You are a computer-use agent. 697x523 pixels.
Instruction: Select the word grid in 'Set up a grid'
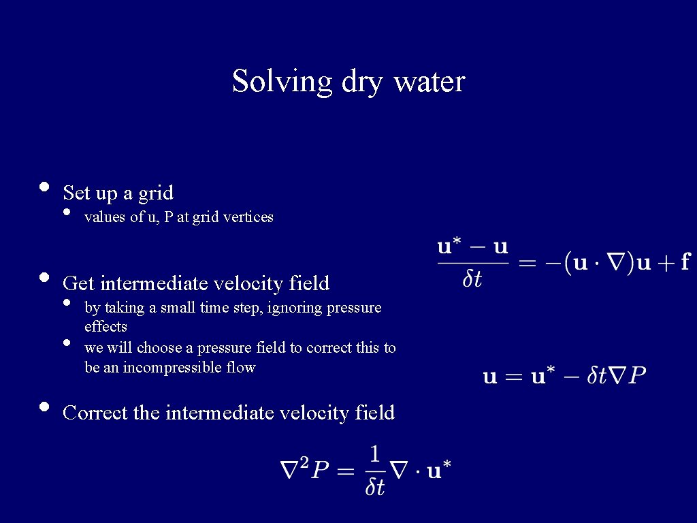click(156, 193)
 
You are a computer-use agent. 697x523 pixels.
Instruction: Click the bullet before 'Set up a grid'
click(44, 187)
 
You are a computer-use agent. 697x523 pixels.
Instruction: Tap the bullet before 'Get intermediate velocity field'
click(44, 277)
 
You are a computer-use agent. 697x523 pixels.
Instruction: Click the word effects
click(106, 327)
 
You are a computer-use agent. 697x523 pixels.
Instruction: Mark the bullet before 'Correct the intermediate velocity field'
click(44, 407)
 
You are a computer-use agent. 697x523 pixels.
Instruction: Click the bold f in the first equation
click(685, 262)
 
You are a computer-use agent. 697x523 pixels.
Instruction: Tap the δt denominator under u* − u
click(472, 279)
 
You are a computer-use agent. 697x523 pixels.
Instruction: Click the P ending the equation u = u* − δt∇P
click(636, 375)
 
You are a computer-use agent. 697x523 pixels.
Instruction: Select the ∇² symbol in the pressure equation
click(295, 469)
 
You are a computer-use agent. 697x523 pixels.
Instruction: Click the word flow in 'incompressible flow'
click(241, 368)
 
